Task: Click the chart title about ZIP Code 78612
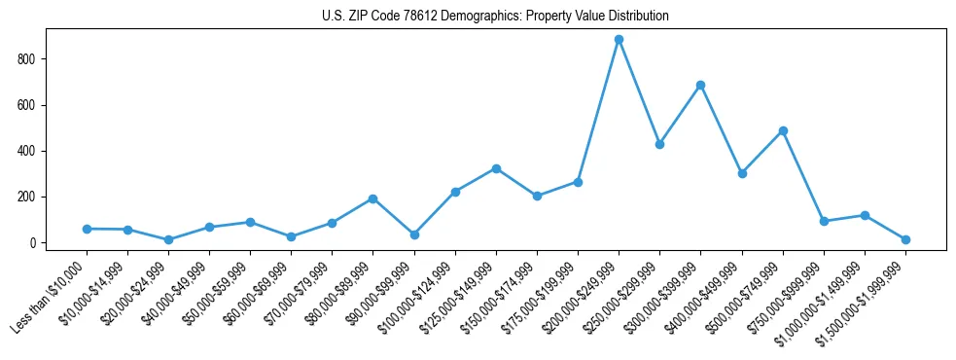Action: point(495,17)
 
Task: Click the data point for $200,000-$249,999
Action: point(619,40)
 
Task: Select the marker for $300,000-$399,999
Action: point(700,85)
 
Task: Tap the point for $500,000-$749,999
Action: point(783,130)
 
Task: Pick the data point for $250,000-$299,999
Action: point(659,144)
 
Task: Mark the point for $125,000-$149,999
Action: point(496,168)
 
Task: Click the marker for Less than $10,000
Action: point(87,229)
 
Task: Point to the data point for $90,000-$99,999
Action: point(414,234)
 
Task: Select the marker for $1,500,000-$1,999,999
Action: point(905,239)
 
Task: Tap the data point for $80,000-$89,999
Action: point(372,198)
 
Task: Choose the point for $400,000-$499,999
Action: point(742,173)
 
